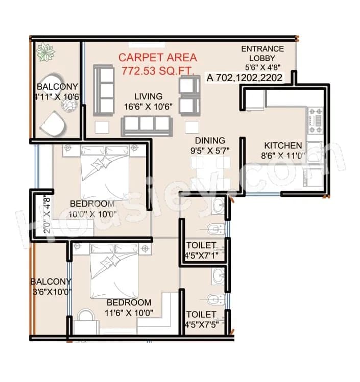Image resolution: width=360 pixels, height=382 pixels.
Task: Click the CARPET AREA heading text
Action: click(157, 58)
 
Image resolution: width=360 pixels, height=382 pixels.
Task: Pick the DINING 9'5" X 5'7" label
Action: click(210, 145)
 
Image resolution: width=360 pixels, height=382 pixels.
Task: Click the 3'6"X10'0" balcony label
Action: click(51, 287)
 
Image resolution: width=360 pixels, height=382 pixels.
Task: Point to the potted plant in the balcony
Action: click(47, 53)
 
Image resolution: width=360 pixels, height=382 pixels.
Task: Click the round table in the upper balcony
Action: click(68, 105)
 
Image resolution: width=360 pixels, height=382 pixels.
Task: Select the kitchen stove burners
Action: click(315, 117)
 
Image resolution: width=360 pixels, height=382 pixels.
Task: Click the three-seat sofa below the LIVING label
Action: click(147, 124)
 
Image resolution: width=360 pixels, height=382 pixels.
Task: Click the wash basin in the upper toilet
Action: click(219, 206)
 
